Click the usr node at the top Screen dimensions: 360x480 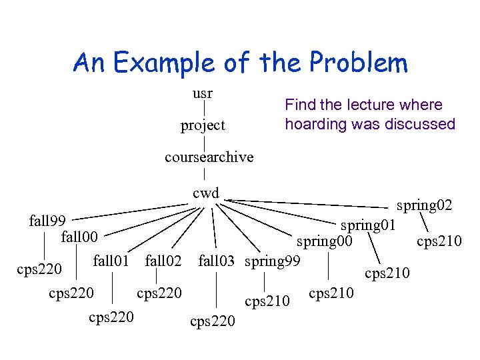coord(203,93)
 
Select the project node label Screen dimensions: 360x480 coord(203,125)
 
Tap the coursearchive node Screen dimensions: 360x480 coord(209,157)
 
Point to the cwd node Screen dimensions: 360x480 coord(205,193)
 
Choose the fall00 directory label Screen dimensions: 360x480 coord(79,237)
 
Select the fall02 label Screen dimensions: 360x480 coord(163,259)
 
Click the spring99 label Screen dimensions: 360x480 coord(273,259)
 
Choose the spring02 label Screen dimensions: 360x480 coord(425,205)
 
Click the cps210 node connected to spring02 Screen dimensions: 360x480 coord(439,241)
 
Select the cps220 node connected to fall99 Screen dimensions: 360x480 coord(39,269)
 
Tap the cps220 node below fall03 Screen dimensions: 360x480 coord(213,321)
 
